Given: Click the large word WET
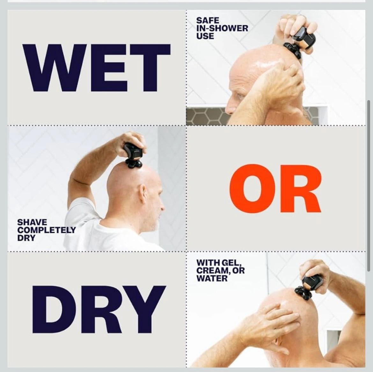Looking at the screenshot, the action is tap(96, 68).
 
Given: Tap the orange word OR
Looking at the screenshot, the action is tap(275, 188).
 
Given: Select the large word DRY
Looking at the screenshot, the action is tap(99, 310).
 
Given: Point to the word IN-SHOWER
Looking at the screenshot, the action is tap(222, 28).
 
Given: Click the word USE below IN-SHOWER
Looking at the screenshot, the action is tap(205, 36).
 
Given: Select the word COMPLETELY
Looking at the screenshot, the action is tap(47, 230).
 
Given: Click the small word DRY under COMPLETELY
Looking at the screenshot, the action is tap(26, 238).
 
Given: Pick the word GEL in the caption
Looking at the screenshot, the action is tap(231, 263).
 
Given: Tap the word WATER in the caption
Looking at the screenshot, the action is tap(212, 278).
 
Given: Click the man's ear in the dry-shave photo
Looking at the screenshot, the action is tap(143, 194).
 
